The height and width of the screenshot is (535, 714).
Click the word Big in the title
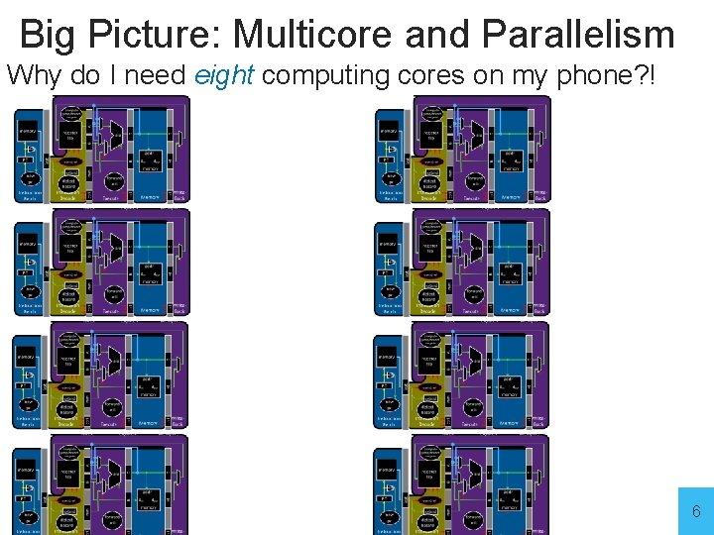[x=48, y=35]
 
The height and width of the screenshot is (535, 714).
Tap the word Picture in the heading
[x=152, y=35]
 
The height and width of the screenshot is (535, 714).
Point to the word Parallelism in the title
[x=578, y=35]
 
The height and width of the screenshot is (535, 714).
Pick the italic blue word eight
[x=225, y=76]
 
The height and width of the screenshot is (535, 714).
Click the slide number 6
[x=696, y=511]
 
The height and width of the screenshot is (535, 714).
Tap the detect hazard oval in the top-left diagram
[x=68, y=184]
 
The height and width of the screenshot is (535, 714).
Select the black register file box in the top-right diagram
[x=429, y=138]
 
